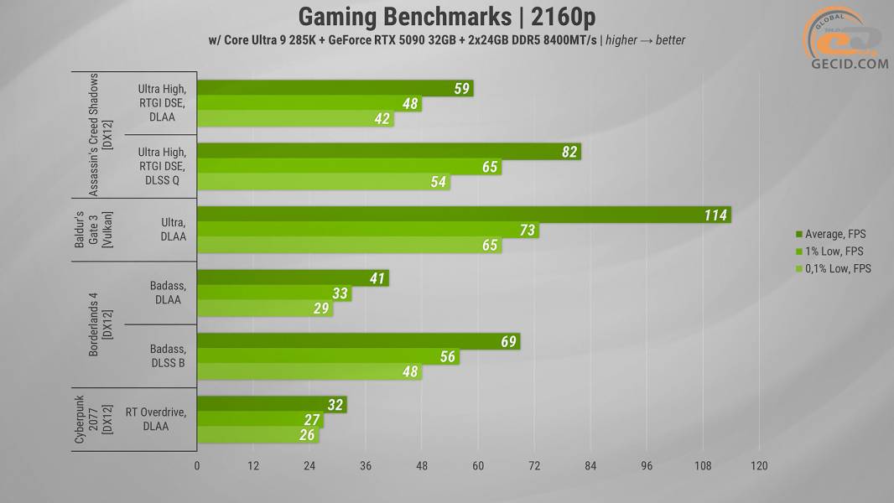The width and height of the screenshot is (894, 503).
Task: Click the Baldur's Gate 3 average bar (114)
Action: click(464, 215)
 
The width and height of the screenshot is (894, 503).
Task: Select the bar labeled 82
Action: click(388, 152)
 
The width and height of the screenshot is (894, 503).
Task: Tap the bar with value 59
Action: click(335, 88)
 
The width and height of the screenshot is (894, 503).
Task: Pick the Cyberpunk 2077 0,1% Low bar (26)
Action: click(257, 435)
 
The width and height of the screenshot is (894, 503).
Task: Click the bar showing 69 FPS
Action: click(358, 341)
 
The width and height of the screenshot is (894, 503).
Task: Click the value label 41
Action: click(377, 278)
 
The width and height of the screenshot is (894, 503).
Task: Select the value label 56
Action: click(448, 357)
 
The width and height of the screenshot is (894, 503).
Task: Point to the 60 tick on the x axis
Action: click(478, 466)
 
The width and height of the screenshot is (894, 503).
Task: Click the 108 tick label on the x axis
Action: click(703, 466)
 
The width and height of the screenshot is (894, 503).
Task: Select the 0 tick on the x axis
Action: click(197, 466)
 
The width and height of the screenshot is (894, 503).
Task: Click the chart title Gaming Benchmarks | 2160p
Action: click(447, 16)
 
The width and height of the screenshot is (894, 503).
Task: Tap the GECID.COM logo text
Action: click(848, 64)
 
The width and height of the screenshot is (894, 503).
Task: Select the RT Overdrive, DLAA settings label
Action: click(155, 419)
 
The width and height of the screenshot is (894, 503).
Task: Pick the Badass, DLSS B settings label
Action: click(168, 355)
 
